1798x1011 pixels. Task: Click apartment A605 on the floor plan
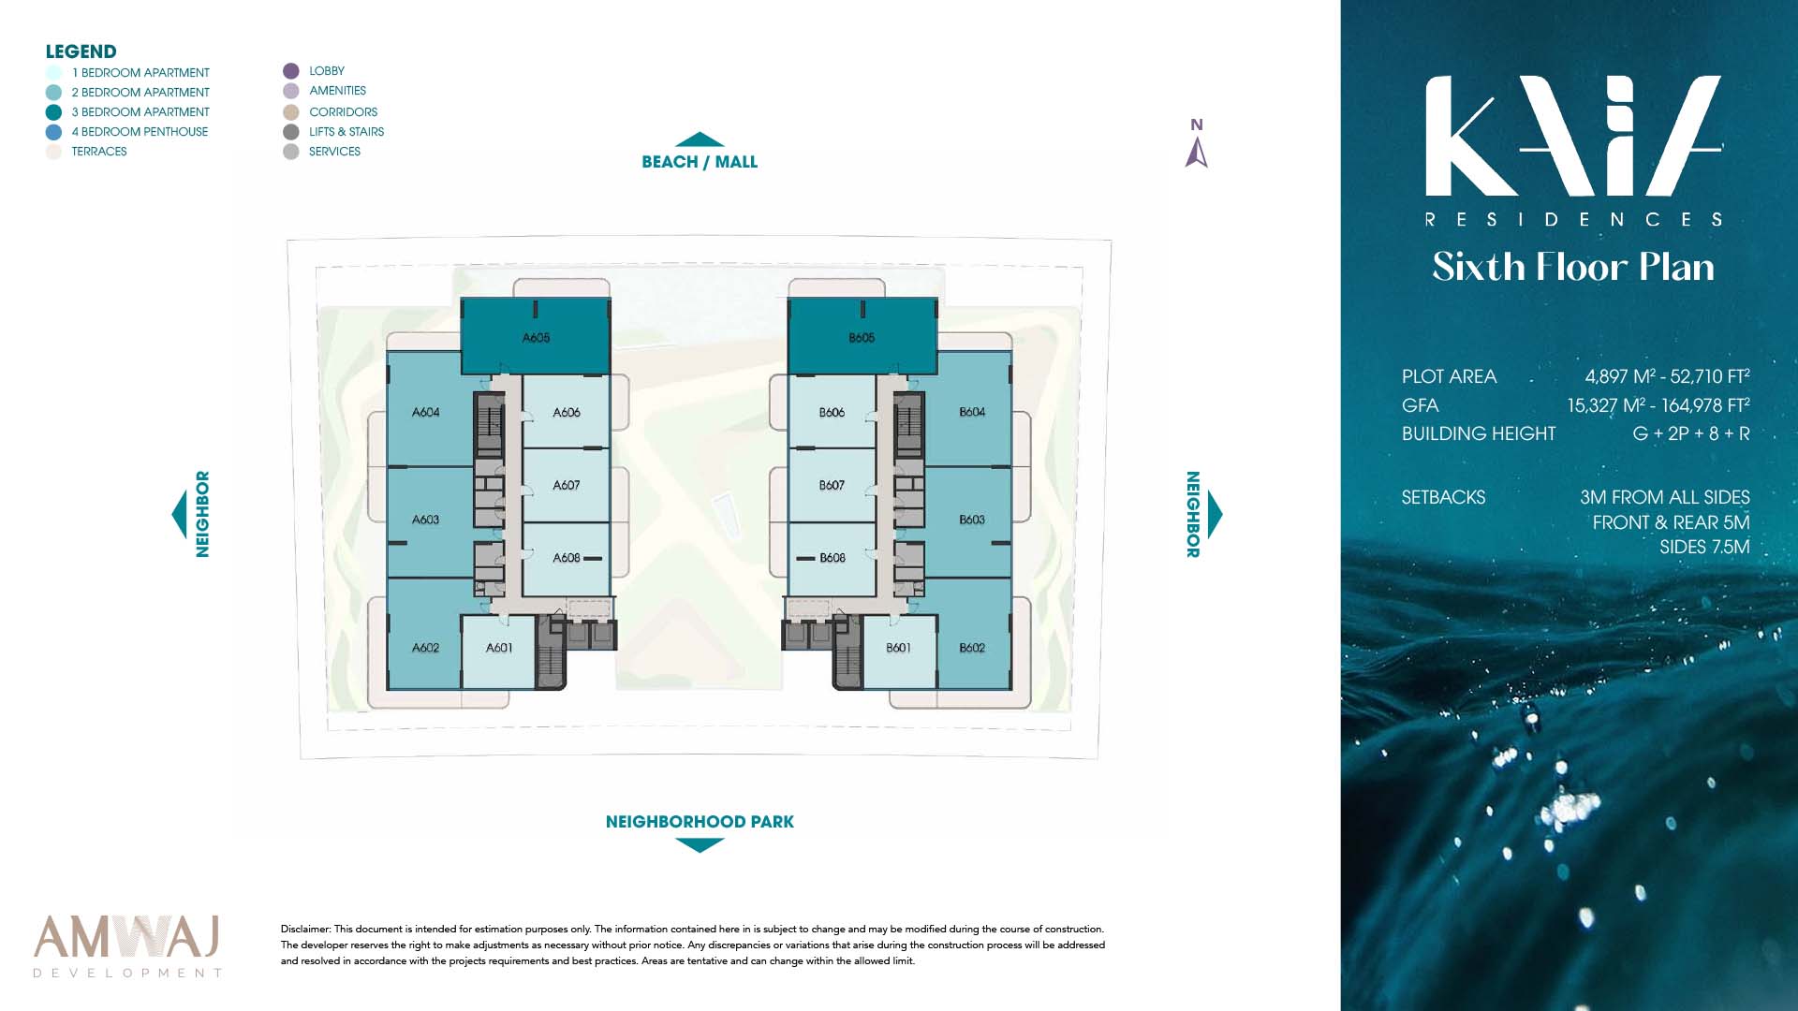(x=536, y=337)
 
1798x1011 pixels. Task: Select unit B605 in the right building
(x=862, y=337)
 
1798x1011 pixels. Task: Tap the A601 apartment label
(x=499, y=648)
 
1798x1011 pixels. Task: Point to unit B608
(x=832, y=558)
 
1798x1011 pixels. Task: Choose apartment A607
(x=566, y=485)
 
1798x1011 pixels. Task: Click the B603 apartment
(x=971, y=520)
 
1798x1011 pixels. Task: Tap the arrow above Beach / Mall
(x=700, y=139)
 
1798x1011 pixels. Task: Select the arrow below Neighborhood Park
(x=700, y=845)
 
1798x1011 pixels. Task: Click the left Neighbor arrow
(x=179, y=514)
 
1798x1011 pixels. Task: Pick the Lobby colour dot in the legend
(x=291, y=71)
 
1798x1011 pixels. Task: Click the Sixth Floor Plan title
(x=1573, y=267)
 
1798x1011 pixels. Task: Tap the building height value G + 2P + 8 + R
(x=1691, y=433)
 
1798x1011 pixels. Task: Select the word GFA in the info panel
(x=1420, y=405)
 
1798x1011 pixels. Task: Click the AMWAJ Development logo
(x=127, y=945)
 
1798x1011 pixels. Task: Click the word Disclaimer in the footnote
(x=305, y=929)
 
